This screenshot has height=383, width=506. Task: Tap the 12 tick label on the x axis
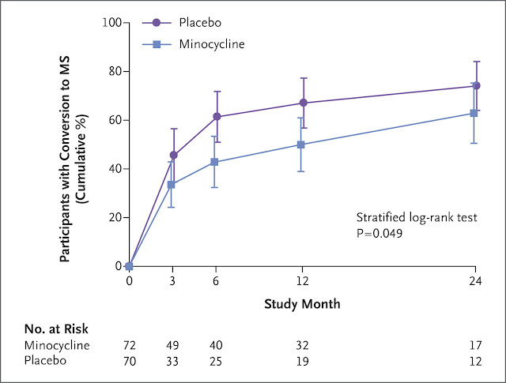[302, 281]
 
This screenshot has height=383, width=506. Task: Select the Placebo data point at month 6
[216, 117]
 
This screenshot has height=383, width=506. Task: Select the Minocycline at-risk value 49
[172, 345]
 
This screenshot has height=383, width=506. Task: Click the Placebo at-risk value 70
[129, 359]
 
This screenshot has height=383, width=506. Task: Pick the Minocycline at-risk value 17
[474, 345]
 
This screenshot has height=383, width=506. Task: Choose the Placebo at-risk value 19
[302, 359]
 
